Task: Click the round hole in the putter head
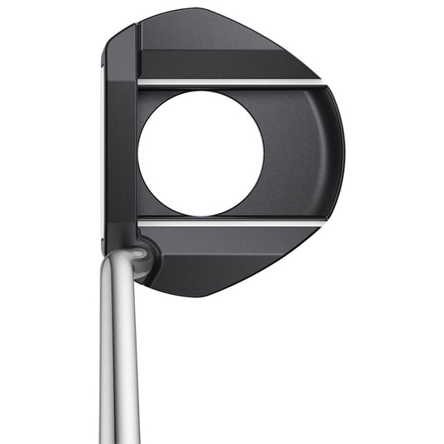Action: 201,152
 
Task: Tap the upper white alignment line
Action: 229,82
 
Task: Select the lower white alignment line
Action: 229,222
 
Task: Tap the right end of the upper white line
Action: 319,82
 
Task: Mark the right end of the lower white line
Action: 319,222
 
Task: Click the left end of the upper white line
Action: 140,82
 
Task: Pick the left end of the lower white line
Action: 140,222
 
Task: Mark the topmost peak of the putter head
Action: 197,11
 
